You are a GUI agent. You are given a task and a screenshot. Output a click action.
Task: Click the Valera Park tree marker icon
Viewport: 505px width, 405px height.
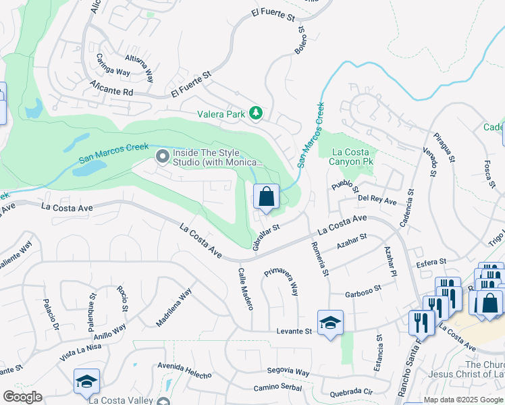point(255,113)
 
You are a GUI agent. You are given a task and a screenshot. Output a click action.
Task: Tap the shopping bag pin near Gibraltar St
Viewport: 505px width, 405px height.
point(267,198)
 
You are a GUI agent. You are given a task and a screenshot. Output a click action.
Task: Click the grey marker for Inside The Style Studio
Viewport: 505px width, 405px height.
point(162,157)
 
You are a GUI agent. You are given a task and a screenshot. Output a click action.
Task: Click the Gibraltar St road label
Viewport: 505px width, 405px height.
point(265,234)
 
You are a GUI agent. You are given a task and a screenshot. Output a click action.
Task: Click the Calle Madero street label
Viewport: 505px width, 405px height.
point(244,288)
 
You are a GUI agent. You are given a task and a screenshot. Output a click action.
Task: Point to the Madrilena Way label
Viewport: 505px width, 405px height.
point(174,307)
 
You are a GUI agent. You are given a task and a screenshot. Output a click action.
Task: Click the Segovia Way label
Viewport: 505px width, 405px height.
point(288,372)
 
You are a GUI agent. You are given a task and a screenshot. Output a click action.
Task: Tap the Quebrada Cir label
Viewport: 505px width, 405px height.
point(351,392)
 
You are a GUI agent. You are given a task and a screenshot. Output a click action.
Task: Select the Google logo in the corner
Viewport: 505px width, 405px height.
point(22,397)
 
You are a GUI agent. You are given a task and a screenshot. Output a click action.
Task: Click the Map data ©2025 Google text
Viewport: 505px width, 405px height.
point(463,400)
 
